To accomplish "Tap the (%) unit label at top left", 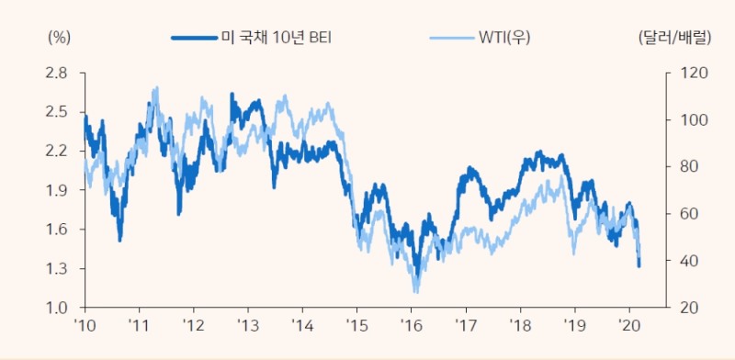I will tap(58, 38).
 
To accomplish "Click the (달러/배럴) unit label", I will tap(674, 38).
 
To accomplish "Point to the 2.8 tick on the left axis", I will tap(57, 73).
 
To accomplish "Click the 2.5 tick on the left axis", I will tap(57, 112).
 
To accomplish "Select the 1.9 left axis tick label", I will tap(57, 190).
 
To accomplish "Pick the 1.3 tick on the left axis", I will tap(57, 269).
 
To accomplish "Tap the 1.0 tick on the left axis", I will tap(57, 308).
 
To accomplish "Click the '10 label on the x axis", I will tap(85, 325).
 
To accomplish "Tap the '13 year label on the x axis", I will tap(248, 325).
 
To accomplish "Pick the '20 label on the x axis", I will tap(629, 325).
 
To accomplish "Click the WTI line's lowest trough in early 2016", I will tap(416, 291).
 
